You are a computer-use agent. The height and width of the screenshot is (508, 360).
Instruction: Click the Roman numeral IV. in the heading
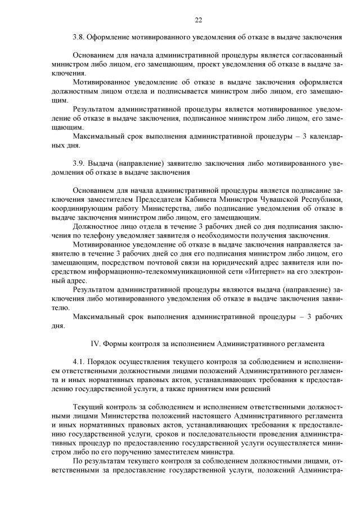pyautogui.click(x=96, y=343)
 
